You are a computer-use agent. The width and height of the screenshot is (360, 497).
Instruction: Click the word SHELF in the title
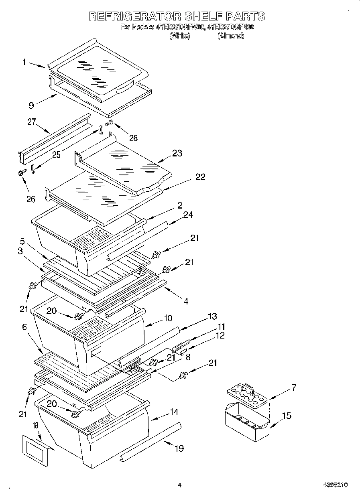click(x=205, y=16)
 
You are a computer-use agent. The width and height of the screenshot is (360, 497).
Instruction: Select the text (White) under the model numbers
click(x=179, y=36)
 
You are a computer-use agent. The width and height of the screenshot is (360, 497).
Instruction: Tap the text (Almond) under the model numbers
click(x=231, y=36)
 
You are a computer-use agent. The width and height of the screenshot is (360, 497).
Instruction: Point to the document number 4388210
click(x=335, y=485)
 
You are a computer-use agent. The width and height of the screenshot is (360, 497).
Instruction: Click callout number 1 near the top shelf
click(x=24, y=62)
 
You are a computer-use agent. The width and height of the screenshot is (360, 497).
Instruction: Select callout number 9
click(x=31, y=106)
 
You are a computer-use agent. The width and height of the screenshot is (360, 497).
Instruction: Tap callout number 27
click(x=32, y=122)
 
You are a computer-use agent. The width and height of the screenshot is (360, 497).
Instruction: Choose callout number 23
click(x=177, y=153)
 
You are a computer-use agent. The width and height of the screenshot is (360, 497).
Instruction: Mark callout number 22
click(x=200, y=177)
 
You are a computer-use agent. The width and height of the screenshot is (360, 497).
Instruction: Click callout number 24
click(x=187, y=215)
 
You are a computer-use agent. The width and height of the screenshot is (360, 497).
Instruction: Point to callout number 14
click(x=174, y=412)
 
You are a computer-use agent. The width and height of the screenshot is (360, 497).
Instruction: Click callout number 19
click(x=179, y=448)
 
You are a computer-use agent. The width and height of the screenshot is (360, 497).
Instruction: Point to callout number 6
click(x=24, y=327)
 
